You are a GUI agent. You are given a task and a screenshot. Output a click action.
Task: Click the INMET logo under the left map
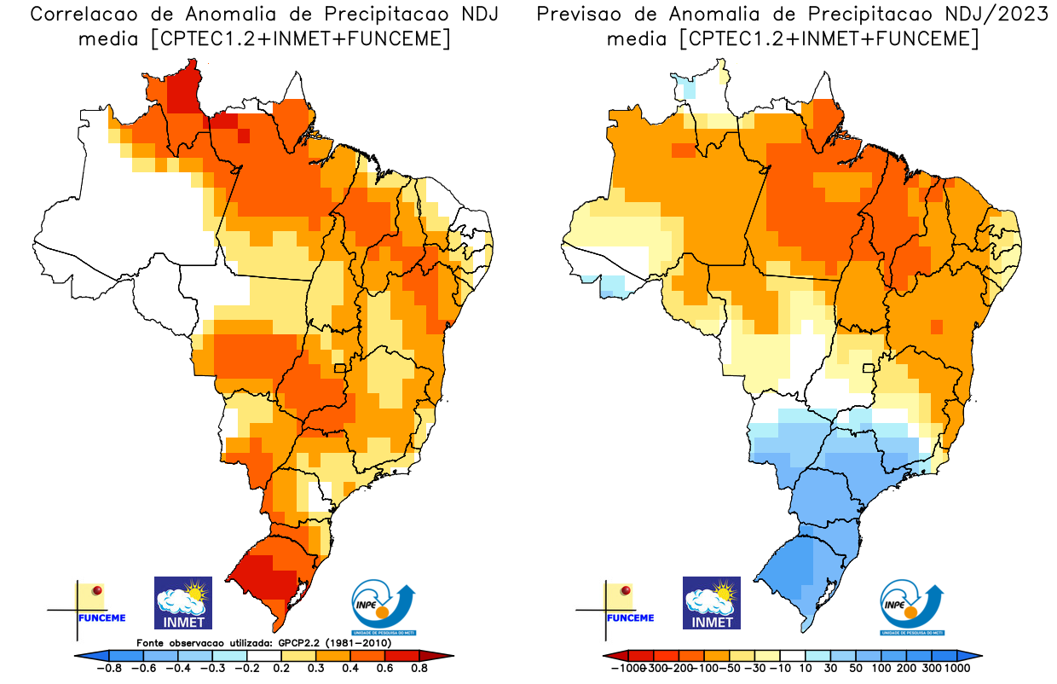[x=182, y=603]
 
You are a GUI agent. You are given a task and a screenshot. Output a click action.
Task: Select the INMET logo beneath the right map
[x=712, y=603]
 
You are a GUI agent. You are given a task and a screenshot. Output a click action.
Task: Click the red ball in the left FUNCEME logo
[x=97, y=590]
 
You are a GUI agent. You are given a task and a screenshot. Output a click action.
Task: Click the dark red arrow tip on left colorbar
[x=446, y=656]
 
